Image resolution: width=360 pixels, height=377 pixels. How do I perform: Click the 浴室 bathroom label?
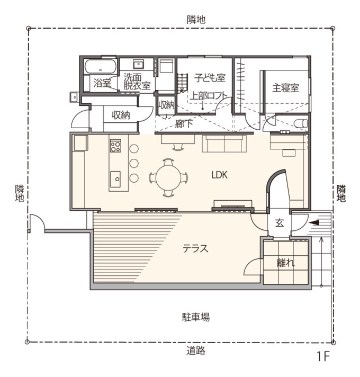[x=102, y=83]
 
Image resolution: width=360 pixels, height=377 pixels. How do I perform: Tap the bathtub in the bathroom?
[x=101, y=67]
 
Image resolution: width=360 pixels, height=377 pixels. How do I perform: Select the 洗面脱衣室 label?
[x=137, y=81]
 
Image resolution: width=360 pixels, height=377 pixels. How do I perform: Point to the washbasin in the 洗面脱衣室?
[x=139, y=65]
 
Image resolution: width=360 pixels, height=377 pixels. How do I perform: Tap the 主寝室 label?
[x=285, y=88]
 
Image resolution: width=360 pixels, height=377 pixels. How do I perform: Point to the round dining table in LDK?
[x=168, y=178]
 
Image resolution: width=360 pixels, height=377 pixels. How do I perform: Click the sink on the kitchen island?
[x=115, y=178]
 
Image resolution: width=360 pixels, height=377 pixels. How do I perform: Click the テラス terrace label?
[x=195, y=248]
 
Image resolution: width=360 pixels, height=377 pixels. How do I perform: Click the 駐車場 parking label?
[x=196, y=317]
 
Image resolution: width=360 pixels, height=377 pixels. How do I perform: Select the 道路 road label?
[x=196, y=351]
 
